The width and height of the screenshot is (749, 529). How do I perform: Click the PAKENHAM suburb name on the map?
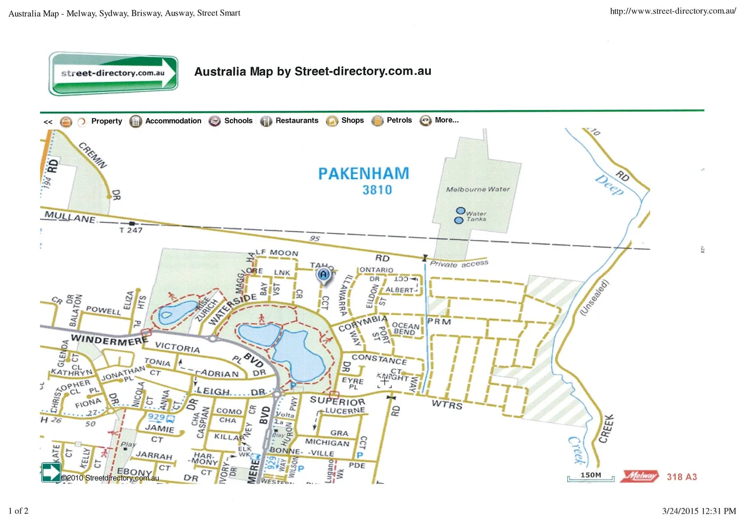(363, 173)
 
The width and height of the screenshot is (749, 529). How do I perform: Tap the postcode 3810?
(377, 190)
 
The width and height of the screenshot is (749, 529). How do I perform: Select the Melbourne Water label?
(477, 189)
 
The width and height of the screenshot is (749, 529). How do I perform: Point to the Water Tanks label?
(476, 216)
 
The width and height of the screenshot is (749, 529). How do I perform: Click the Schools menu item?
(238, 120)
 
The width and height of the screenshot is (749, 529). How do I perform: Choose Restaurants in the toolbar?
(296, 120)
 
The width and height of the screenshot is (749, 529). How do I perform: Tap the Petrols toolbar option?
(399, 120)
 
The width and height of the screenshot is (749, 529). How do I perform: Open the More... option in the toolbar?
(446, 120)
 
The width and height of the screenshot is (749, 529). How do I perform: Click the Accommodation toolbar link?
(173, 120)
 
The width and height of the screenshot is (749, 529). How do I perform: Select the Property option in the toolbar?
(106, 121)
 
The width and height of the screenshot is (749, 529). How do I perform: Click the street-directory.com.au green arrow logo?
(113, 73)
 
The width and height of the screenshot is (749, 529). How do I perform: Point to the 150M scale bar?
(590, 476)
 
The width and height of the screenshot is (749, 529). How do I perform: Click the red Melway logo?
(640, 476)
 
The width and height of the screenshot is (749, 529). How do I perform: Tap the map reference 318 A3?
(681, 477)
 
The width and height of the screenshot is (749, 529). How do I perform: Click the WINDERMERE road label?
(109, 339)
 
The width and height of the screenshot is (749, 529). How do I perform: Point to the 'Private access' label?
(459, 264)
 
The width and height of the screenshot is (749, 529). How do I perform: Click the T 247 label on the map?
(131, 230)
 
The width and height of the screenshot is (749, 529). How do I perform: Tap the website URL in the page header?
(673, 11)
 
